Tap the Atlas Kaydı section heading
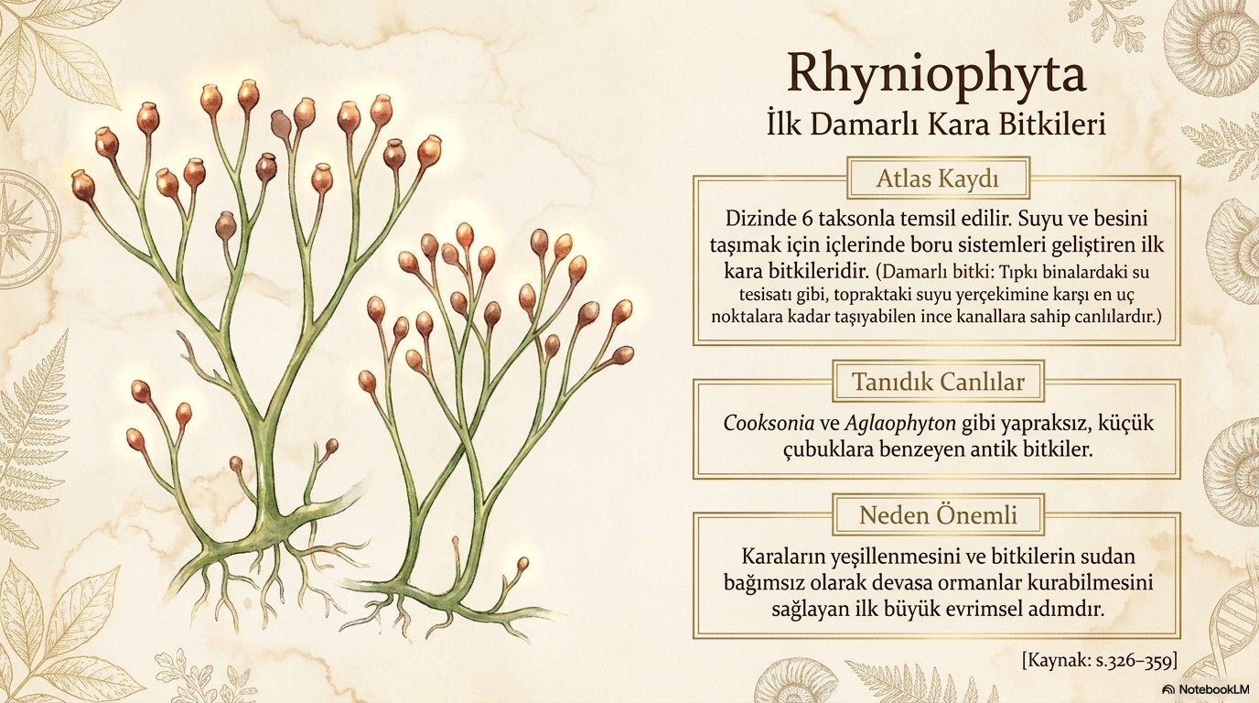click(938, 178)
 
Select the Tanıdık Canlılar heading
click(938, 382)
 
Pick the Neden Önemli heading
click(938, 514)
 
